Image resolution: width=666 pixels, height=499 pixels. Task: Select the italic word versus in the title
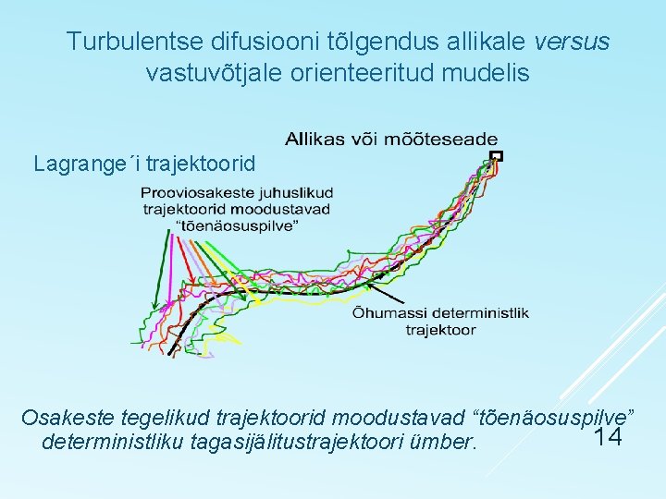tap(573, 42)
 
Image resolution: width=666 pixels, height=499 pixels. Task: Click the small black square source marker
tap(497, 155)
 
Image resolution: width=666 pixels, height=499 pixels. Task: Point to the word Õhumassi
tap(388, 313)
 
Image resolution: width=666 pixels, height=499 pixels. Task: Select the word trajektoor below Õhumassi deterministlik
tap(440, 330)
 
